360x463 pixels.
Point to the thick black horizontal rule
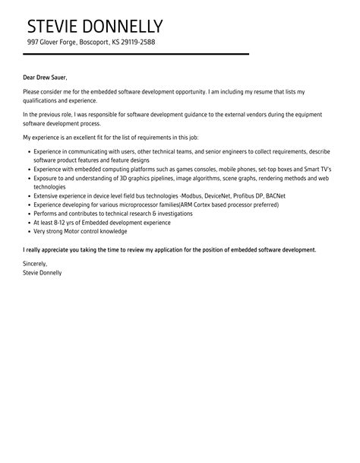coord(136,55)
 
